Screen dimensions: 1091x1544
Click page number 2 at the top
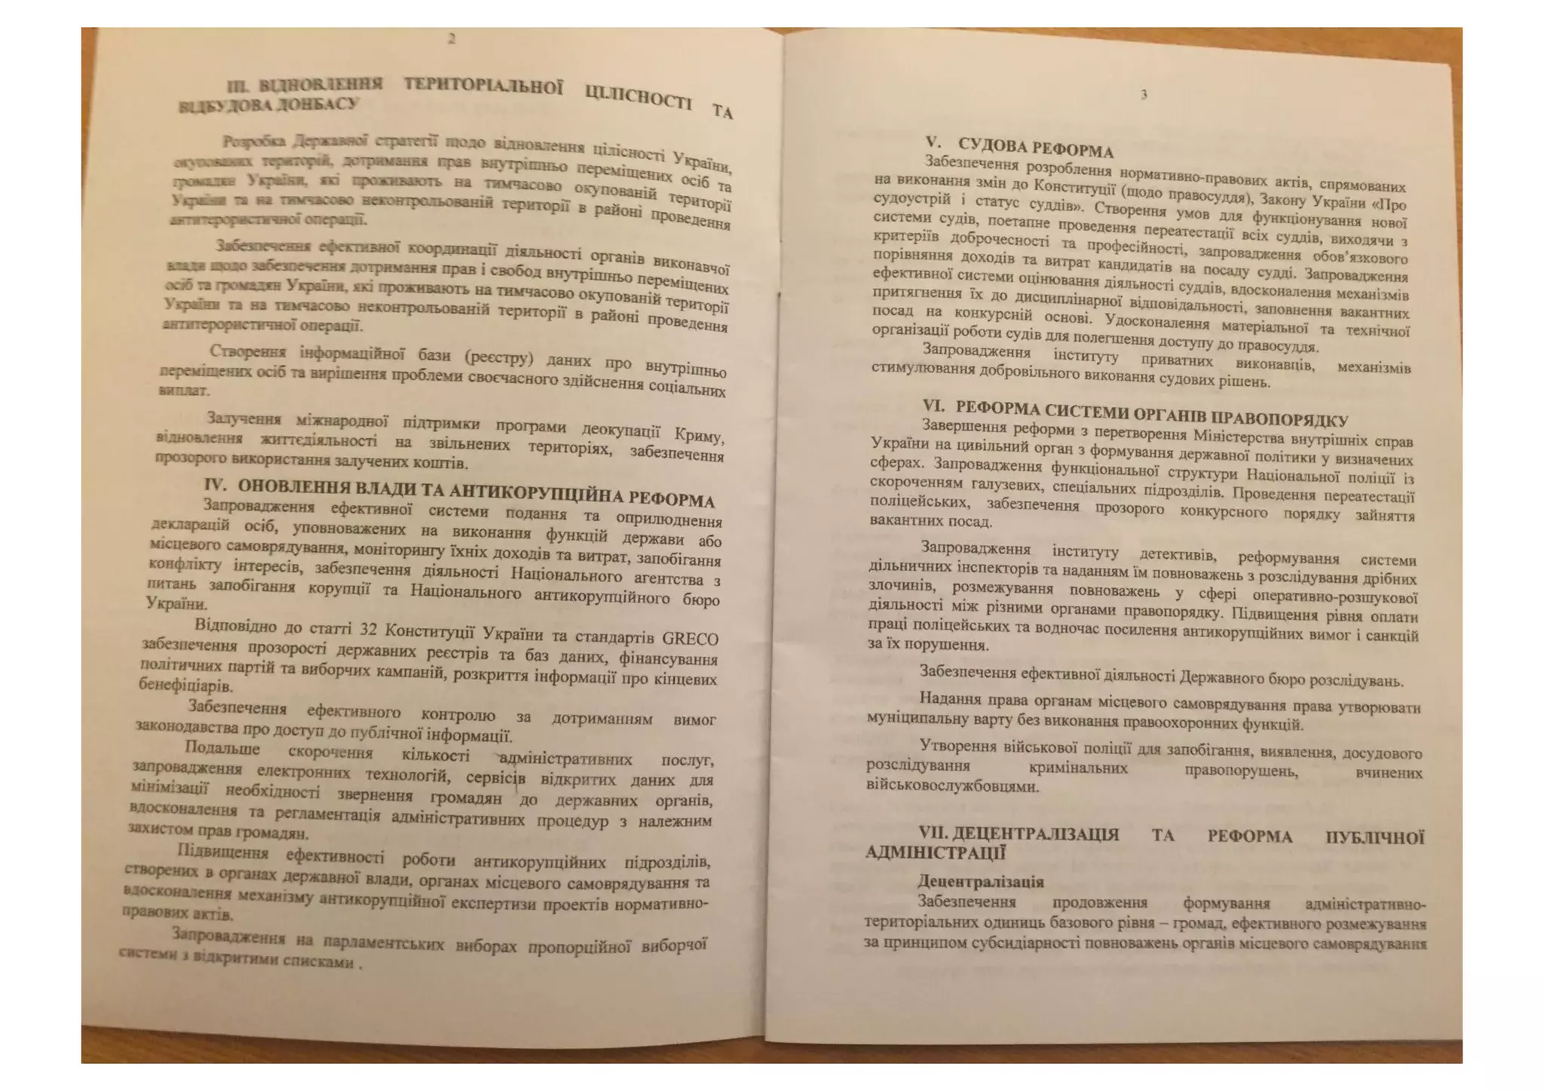click(x=452, y=39)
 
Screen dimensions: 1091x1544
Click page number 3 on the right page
click(x=1144, y=95)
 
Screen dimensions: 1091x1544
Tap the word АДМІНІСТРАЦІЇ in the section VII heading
click(x=936, y=853)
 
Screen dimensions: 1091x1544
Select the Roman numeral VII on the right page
click(x=932, y=833)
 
